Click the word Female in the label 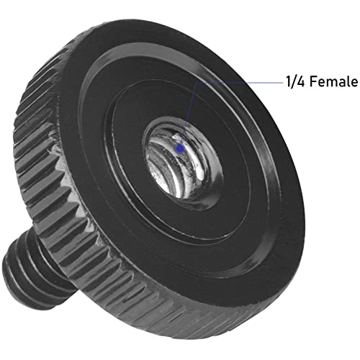click(333, 81)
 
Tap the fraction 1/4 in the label click(295, 82)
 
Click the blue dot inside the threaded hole click(180, 148)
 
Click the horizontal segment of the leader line click(240, 82)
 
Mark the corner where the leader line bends click(197, 83)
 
